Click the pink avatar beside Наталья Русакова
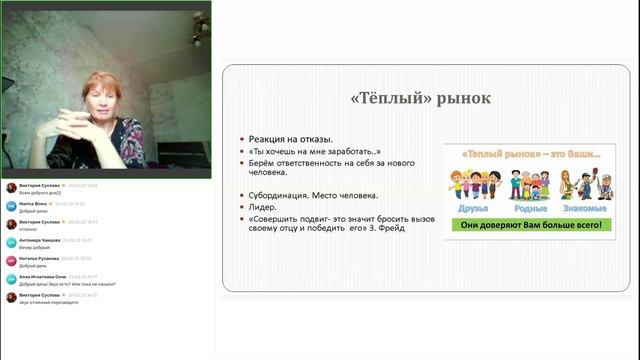pos(11,260)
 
